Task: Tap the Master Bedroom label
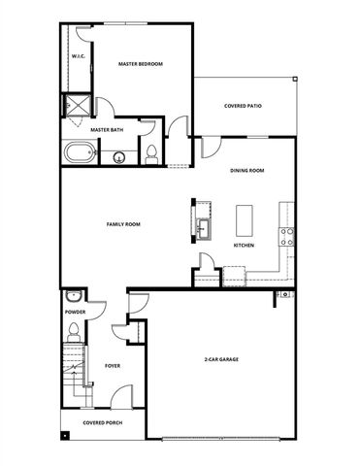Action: [141, 64]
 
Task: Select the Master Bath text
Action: [106, 128]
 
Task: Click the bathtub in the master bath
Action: [79, 152]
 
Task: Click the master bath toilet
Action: [150, 151]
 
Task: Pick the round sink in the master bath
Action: [119, 156]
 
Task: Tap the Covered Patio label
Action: [243, 106]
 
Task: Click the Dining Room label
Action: [247, 171]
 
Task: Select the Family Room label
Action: [123, 224]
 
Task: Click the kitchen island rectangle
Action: [244, 220]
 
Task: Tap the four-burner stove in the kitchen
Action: [287, 232]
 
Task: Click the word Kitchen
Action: [244, 246]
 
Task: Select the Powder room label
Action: [75, 313]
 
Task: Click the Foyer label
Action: [112, 366]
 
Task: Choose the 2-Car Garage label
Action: [221, 359]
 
